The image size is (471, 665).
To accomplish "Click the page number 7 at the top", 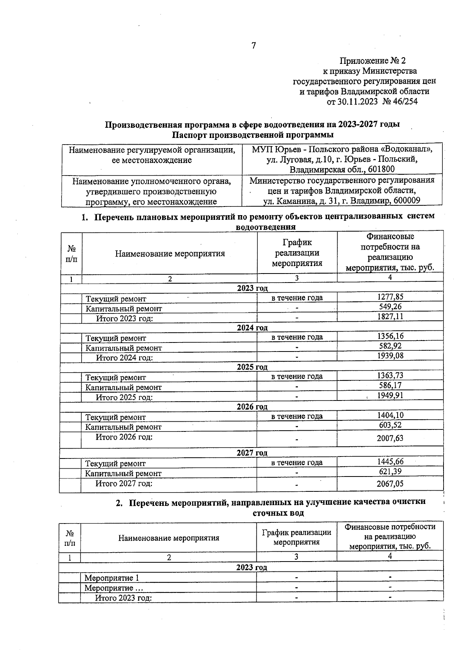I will pyautogui.click(x=253, y=46).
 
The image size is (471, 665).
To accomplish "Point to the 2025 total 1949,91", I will pyautogui.click(x=390, y=395).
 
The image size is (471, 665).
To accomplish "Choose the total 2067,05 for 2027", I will pyautogui.click(x=390, y=484).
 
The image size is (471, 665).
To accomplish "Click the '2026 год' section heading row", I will pyautogui.click(x=252, y=407).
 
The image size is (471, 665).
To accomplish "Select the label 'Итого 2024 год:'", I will pyautogui.click(x=124, y=358).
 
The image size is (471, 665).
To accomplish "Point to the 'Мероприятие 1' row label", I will pyautogui.click(x=111, y=578).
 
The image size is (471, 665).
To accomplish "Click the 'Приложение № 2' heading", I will pyautogui.click(x=372, y=61).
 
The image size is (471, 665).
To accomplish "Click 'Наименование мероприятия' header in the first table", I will pyautogui.click(x=170, y=254).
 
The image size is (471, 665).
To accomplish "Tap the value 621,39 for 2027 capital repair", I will pyautogui.click(x=390, y=472).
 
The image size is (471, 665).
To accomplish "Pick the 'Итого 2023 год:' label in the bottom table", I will pyautogui.click(x=123, y=598).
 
